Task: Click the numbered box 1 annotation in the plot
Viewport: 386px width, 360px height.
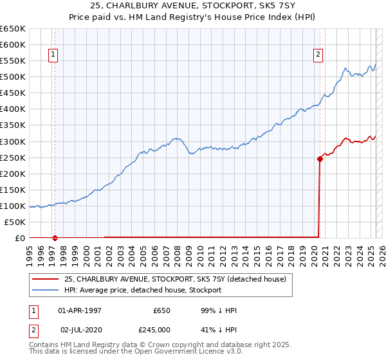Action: tap(52, 55)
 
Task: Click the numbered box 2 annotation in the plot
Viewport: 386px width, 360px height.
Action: tap(318, 55)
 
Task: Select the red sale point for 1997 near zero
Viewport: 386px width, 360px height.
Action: tap(55, 237)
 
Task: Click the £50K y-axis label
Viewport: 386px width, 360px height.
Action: tap(15, 222)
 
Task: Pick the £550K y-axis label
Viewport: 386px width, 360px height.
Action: tap(13, 60)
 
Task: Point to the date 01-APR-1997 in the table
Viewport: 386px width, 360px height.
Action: tap(80, 310)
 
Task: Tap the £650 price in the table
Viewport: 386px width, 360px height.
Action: tap(161, 310)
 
